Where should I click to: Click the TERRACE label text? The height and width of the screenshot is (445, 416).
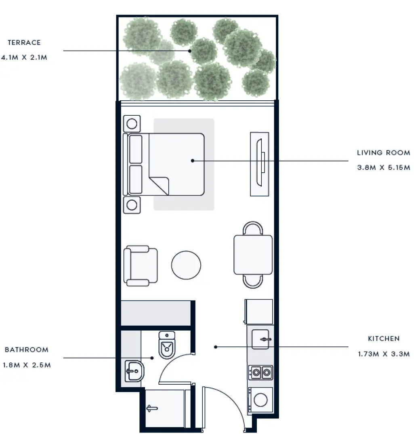[24, 42]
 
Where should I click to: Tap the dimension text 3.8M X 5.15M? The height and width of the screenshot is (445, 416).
[383, 167]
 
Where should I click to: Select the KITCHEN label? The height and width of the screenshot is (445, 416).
[383, 339]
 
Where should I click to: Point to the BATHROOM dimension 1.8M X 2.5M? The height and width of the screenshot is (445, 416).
[27, 365]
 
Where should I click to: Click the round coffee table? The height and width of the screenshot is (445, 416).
[186, 265]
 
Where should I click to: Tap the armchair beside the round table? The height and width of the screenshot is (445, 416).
[141, 266]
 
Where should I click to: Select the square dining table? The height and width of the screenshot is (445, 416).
[253, 254]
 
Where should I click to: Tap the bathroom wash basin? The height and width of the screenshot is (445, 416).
[134, 371]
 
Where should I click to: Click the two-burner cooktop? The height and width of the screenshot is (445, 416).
[261, 373]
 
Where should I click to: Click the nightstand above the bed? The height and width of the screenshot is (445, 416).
[132, 123]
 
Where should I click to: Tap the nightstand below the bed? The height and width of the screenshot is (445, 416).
[132, 205]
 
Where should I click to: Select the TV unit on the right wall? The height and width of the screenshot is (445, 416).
[259, 164]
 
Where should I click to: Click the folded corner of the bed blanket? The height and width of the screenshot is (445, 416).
[160, 185]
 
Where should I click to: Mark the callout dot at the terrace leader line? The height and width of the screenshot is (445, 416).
[190, 51]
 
